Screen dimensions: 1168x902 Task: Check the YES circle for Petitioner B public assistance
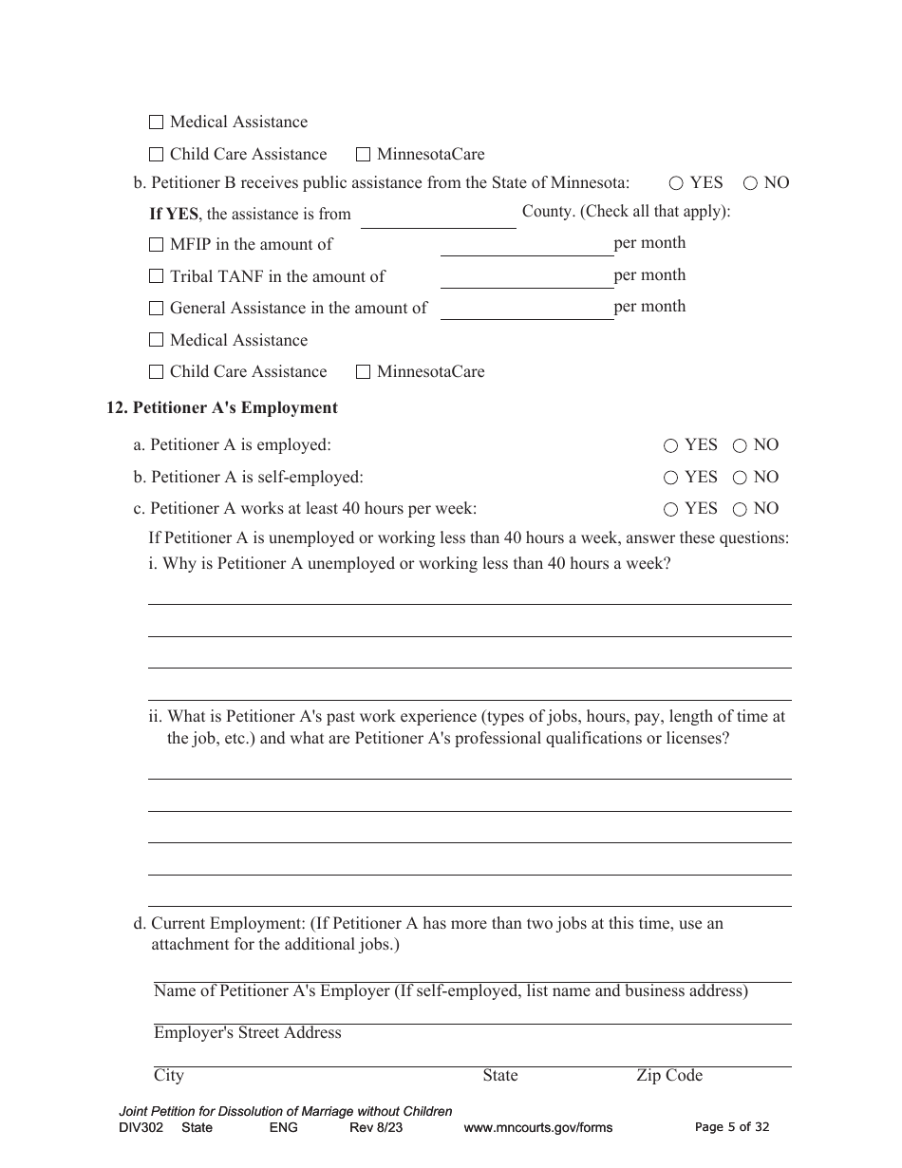676,183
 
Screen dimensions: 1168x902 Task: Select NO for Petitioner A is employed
741,445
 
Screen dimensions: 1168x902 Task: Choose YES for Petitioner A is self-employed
671,478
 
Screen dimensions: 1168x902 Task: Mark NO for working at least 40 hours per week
741,509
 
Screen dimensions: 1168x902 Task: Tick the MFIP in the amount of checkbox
157,245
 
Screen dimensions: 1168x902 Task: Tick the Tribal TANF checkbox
157,277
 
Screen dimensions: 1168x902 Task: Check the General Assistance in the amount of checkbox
157,309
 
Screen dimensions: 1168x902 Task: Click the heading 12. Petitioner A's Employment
222,408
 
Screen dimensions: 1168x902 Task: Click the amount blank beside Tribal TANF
526,277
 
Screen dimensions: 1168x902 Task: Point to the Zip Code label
669,1076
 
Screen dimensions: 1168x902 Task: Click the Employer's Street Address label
247,1033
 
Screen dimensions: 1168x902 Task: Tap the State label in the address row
500,1076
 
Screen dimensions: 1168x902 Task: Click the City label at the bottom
169,1076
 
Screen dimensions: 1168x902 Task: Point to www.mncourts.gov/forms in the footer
537,1128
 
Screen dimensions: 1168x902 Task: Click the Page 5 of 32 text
732,1127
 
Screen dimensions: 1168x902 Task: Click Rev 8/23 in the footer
376,1128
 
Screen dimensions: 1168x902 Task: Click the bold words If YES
174,215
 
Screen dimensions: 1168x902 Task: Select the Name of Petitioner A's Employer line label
450,991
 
